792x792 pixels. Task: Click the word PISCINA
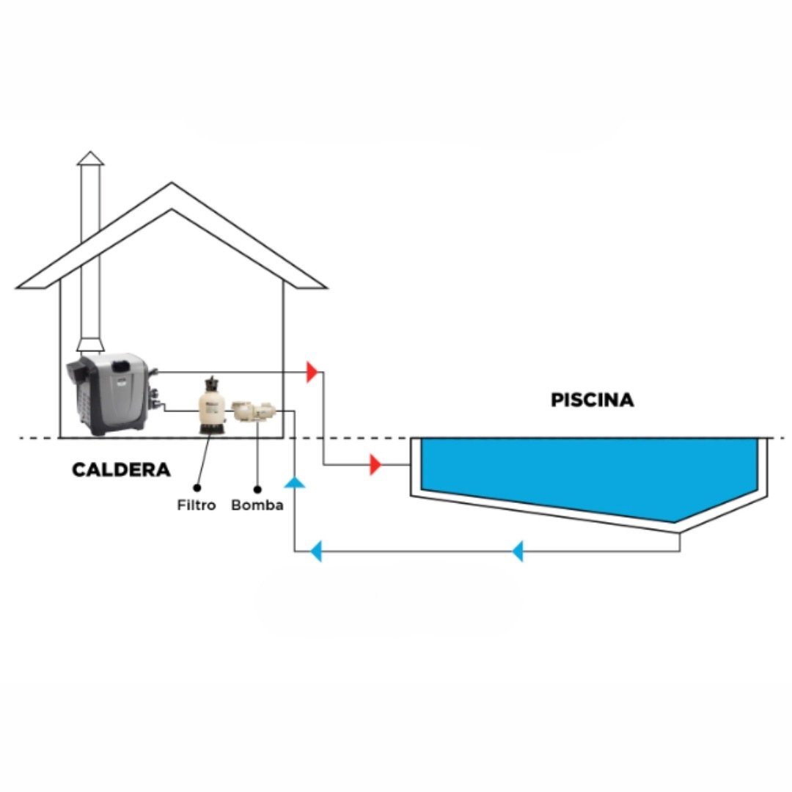pos(592,400)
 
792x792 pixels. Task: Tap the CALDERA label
pos(121,470)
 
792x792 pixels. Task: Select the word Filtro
pos(197,505)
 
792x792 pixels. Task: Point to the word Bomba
pos(257,505)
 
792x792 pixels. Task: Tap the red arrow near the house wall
pos(312,372)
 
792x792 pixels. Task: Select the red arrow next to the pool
pos(375,464)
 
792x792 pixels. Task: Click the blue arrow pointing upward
pos(295,482)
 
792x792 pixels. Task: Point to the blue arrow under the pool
pos(518,551)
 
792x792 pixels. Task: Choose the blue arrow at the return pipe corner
pos(315,551)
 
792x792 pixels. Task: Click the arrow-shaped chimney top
pos(91,158)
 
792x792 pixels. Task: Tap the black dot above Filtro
pos(197,486)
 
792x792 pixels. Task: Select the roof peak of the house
pos(172,187)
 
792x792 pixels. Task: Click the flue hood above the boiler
pos(91,344)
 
